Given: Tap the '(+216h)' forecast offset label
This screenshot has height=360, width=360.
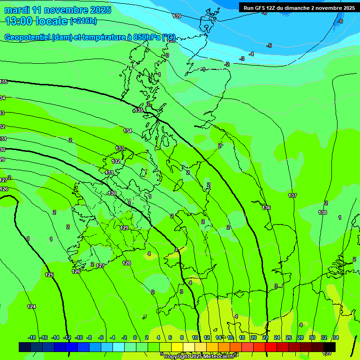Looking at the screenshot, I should [x=83, y=21].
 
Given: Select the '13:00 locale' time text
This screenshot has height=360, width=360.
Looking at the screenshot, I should [x=36, y=21].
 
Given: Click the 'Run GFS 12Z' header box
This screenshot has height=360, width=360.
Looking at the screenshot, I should [x=299, y=8].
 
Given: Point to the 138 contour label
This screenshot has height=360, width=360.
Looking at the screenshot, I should [x=322, y=212].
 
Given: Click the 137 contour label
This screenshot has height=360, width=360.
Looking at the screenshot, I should [x=292, y=195].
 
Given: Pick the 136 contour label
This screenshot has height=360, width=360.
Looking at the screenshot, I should [x=266, y=208].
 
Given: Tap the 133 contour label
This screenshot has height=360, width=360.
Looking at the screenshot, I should [x=120, y=148].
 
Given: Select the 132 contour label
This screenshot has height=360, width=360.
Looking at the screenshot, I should [x=116, y=161].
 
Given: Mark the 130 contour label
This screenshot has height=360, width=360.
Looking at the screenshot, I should [x=112, y=193].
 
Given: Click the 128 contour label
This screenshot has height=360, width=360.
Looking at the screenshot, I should [x=127, y=263].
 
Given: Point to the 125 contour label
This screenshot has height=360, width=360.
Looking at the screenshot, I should [x=49, y=275].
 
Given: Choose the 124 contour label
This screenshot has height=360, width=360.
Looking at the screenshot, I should [x=31, y=307].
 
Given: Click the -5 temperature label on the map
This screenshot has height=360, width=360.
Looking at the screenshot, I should [x=269, y=45].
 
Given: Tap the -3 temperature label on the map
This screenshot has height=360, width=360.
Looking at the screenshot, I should [x=242, y=59].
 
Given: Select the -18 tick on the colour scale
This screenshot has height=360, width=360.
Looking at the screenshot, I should [x=32, y=337].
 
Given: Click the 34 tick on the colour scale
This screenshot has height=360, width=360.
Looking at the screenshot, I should [x=336, y=337].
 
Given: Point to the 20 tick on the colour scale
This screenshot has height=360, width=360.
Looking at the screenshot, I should [x=253, y=337].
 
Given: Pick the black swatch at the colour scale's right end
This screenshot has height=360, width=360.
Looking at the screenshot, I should [x=330, y=347].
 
